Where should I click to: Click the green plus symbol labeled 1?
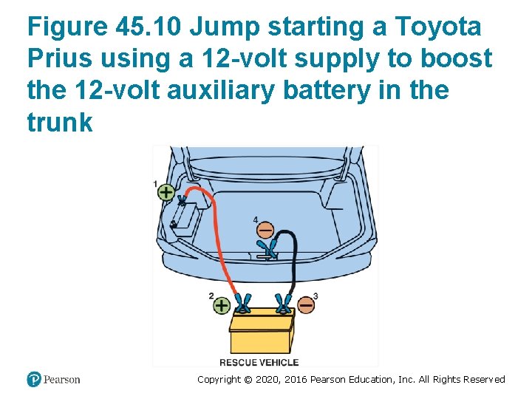[x=166, y=192]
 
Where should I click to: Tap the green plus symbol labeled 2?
[x=222, y=304]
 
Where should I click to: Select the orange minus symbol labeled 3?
[x=305, y=304]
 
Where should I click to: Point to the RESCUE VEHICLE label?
[x=259, y=362]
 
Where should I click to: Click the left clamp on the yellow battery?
[x=242, y=303]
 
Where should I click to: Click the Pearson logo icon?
[x=34, y=379]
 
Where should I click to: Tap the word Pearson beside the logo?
[x=62, y=380]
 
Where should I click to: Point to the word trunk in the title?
[x=59, y=123]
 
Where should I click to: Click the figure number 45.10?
[x=149, y=27]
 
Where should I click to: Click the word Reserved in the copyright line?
[x=484, y=380]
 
